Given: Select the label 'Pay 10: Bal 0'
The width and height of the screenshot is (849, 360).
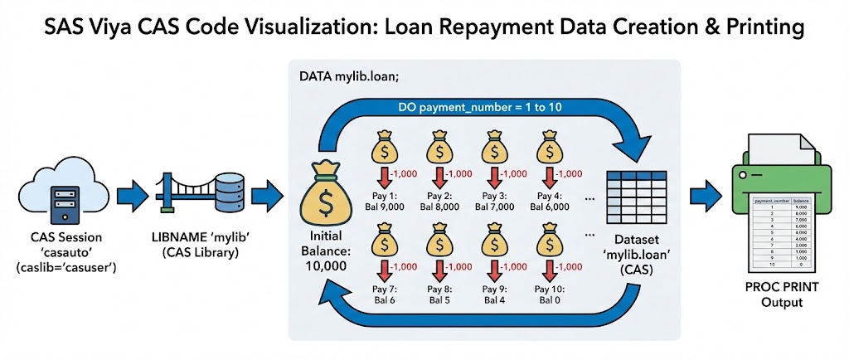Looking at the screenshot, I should tap(547, 294).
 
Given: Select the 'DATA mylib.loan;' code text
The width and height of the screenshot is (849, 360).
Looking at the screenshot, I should tap(348, 76).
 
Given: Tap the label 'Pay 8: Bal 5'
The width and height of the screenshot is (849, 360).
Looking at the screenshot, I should tap(439, 294).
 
